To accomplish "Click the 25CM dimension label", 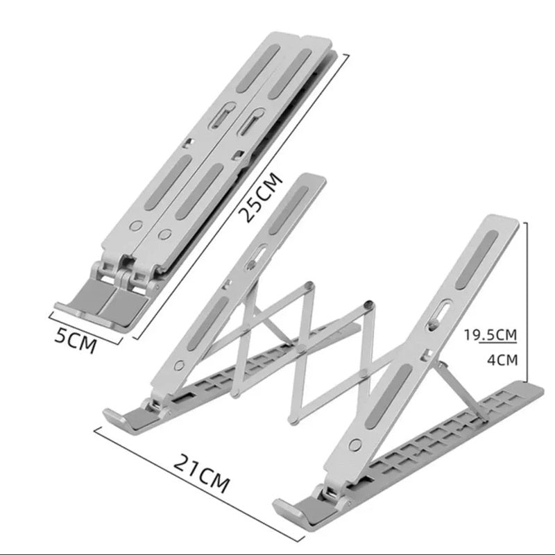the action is click(x=261, y=197).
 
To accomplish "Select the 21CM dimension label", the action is click(x=201, y=473).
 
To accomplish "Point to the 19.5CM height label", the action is click(x=490, y=334).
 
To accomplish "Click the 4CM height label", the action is click(x=502, y=360).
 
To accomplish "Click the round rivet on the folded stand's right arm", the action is click(x=164, y=234).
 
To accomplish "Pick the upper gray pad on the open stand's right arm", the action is click(x=477, y=259).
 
